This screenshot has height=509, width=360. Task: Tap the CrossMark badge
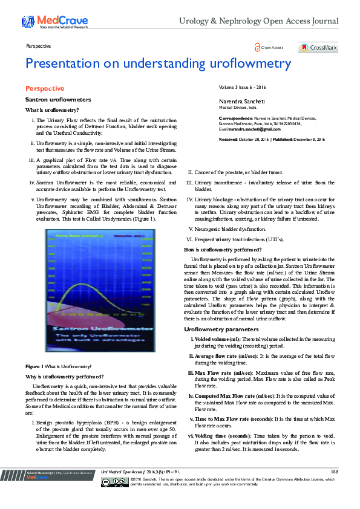318,48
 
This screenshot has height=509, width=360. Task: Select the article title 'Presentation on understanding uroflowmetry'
158,64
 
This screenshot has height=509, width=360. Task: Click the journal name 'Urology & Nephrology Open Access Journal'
258,22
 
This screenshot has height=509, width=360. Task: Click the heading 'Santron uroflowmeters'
57,99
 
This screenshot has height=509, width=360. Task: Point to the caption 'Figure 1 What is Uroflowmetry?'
58,366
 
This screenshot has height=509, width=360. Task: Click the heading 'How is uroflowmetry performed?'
223,250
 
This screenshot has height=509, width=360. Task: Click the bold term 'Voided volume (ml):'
218,340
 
